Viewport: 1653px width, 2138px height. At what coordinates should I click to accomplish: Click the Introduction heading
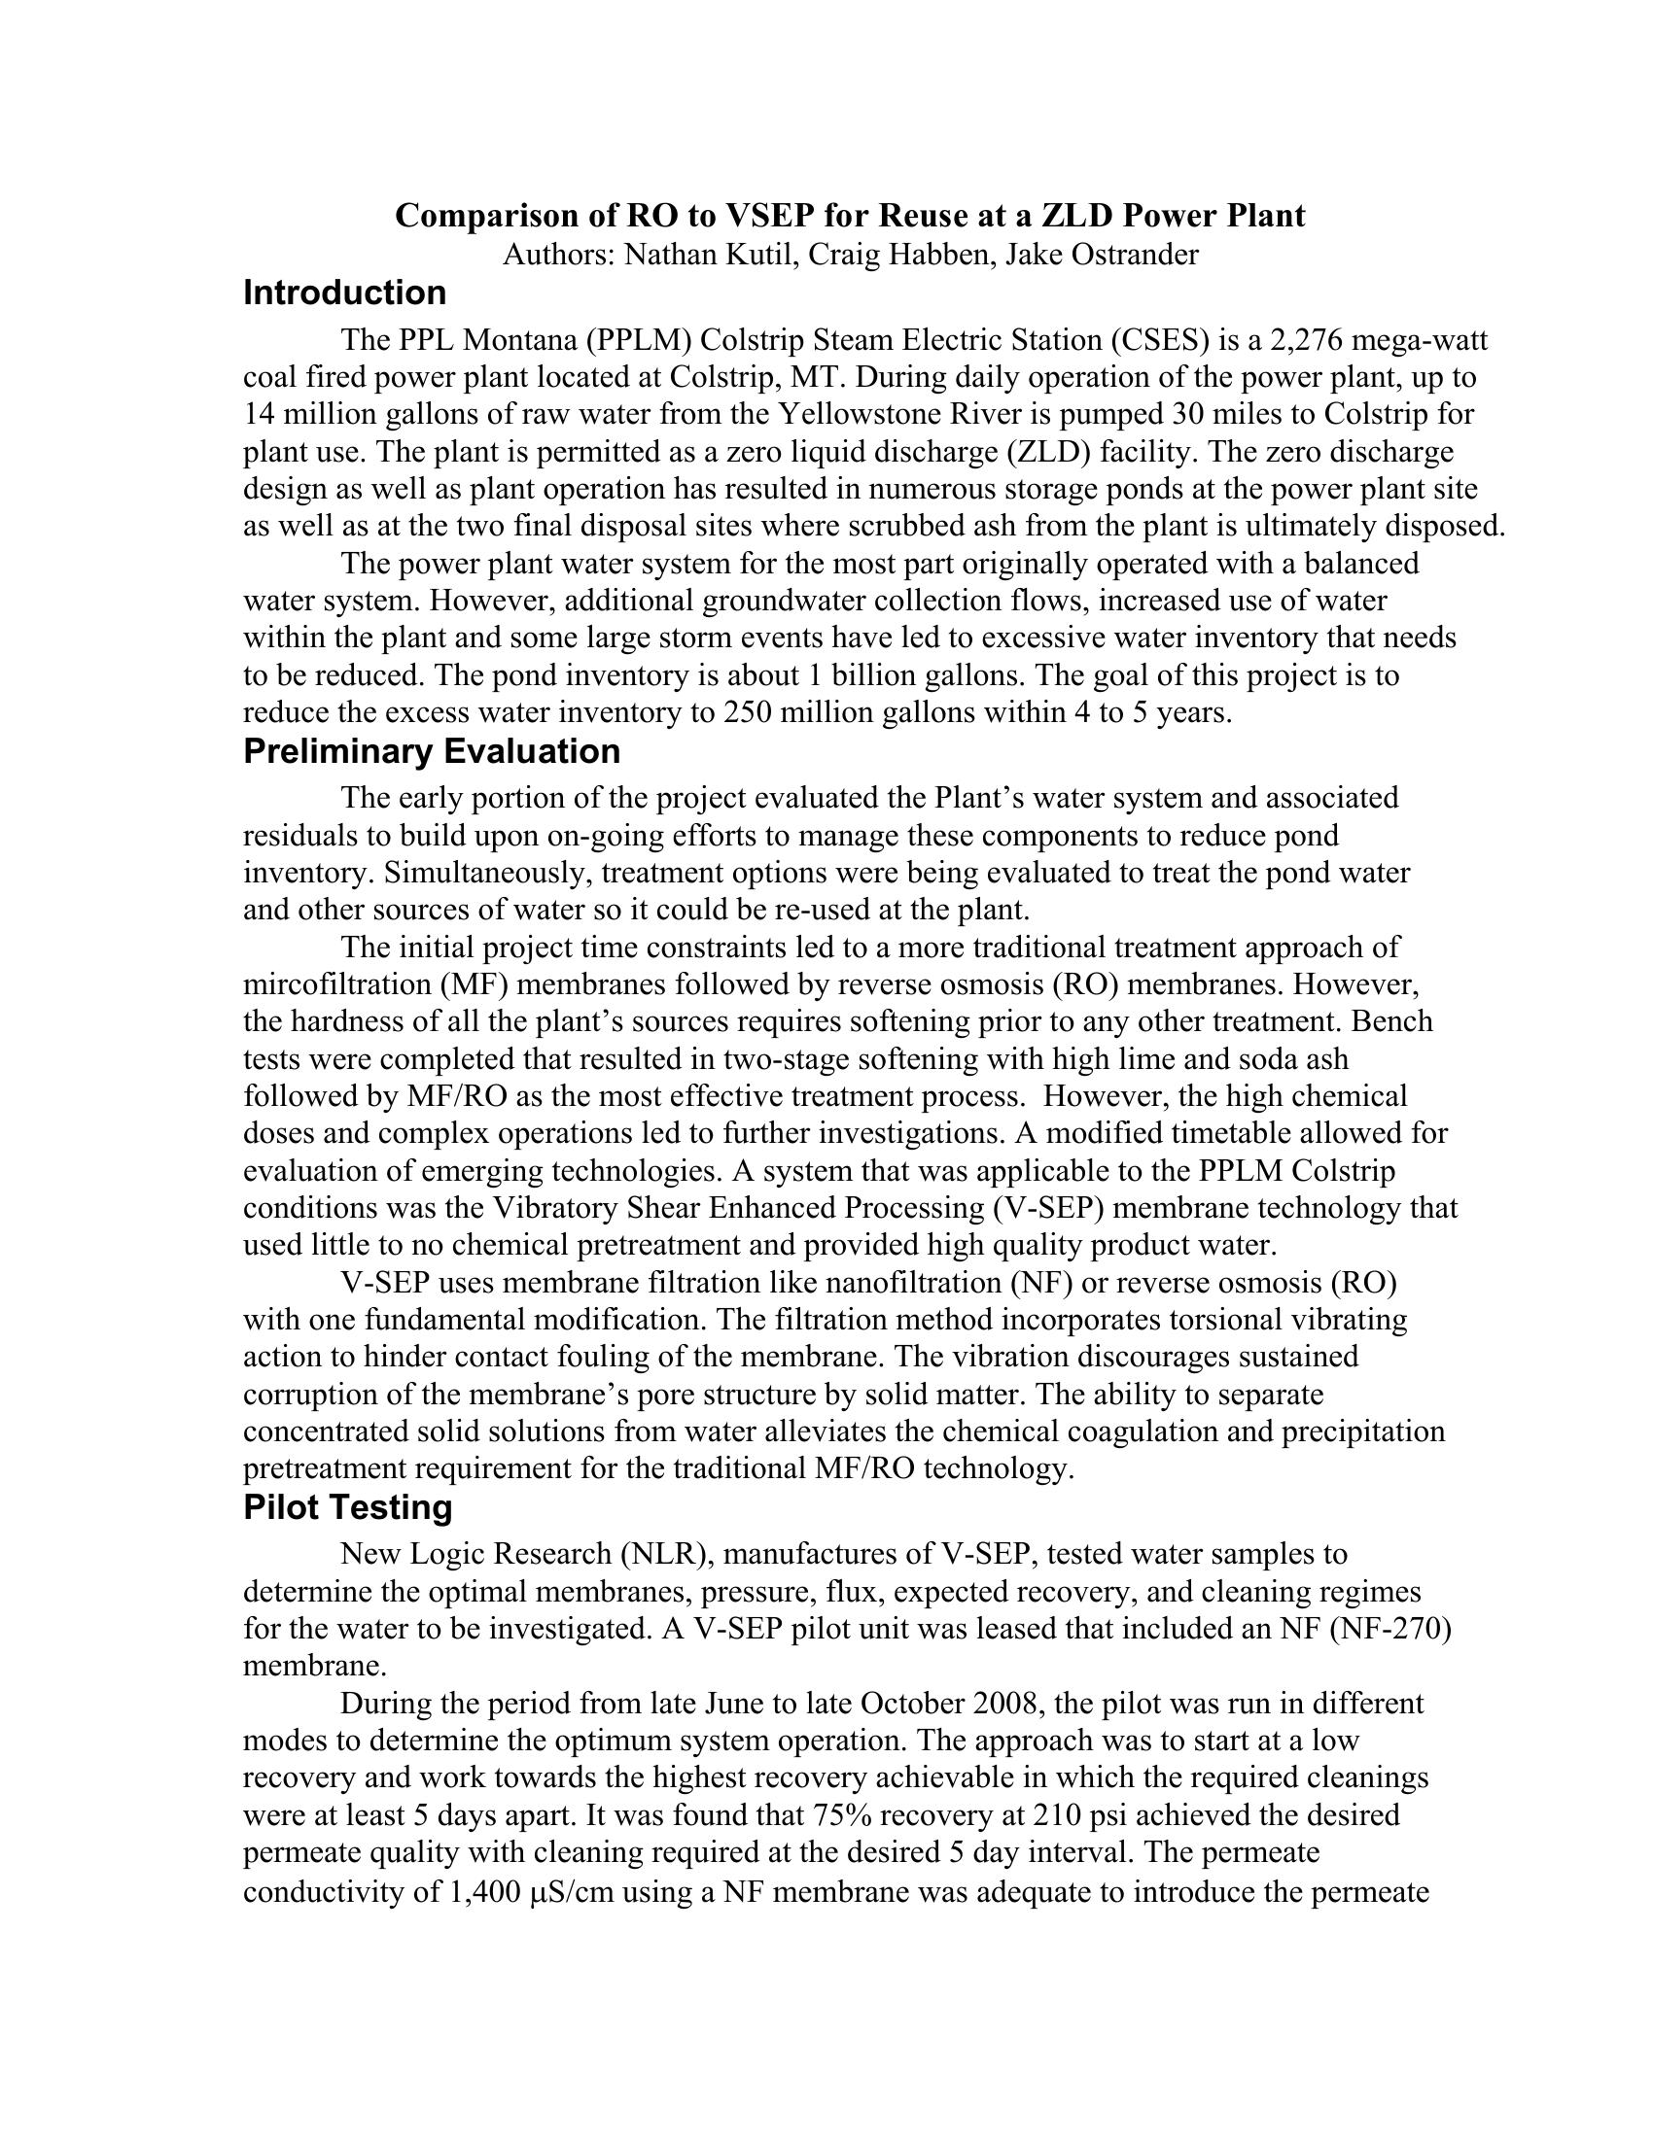pyautogui.click(x=345, y=293)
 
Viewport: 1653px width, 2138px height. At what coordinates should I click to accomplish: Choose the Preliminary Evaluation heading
pyautogui.click(x=432, y=752)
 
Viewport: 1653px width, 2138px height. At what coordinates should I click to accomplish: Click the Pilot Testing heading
pyautogui.click(x=348, y=1507)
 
